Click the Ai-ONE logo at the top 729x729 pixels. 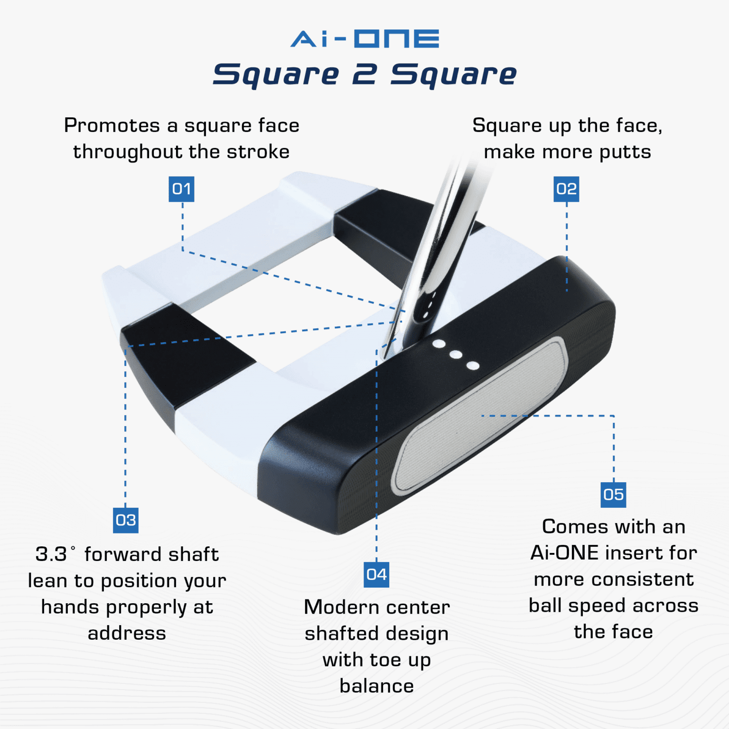click(364, 39)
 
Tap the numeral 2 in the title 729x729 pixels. click(364, 75)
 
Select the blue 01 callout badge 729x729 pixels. click(181, 189)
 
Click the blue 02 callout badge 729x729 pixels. click(566, 189)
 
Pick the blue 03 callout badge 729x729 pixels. click(126, 520)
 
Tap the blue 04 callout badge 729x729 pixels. click(376, 575)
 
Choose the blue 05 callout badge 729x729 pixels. click(613, 495)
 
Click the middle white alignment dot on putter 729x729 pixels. click(456, 355)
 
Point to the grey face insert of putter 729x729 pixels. click(479, 418)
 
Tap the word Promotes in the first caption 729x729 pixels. click(112, 126)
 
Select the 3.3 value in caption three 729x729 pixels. click(51, 554)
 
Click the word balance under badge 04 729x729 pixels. click(376, 686)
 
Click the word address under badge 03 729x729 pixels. click(127, 634)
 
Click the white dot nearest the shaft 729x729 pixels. click(439, 344)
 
